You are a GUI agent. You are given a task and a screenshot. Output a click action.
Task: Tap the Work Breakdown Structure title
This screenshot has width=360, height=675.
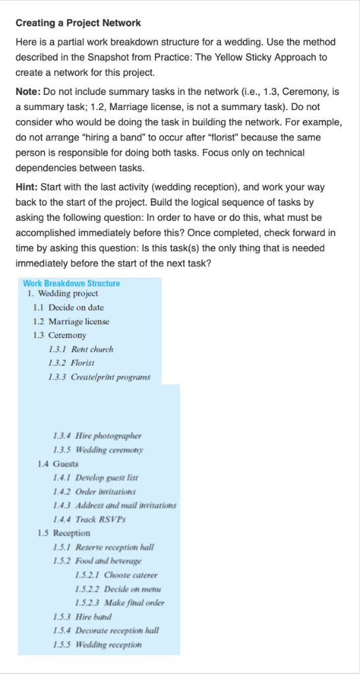click(71, 283)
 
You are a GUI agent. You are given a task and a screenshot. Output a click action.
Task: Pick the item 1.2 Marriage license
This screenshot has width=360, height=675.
click(71, 321)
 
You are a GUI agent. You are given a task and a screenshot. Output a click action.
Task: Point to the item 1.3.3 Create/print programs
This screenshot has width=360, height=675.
click(99, 377)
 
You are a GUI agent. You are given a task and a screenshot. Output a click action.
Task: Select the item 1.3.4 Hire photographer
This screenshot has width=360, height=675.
click(97, 436)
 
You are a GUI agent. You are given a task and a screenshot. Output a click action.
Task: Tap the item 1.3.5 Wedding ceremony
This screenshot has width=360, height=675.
click(98, 450)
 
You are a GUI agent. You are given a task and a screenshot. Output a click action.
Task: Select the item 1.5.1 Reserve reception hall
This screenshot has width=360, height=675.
click(105, 546)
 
